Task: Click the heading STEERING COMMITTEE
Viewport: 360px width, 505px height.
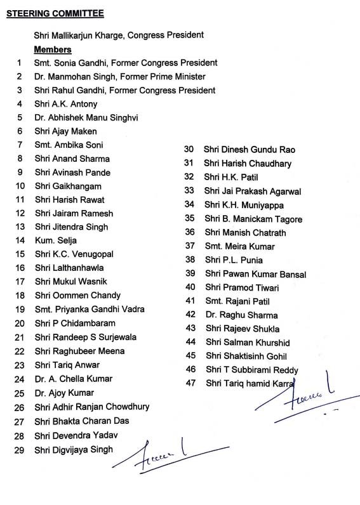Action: (x=55, y=13)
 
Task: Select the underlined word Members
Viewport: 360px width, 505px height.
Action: (x=53, y=49)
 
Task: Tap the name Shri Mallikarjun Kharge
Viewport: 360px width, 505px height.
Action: (x=79, y=36)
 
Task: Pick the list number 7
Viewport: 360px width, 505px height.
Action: (x=20, y=145)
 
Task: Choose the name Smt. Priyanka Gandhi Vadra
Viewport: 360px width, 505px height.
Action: (x=90, y=309)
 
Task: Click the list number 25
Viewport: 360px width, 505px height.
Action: (x=20, y=393)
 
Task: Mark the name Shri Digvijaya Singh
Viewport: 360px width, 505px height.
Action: (x=74, y=449)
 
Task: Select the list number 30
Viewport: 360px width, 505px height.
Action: (x=189, y=149)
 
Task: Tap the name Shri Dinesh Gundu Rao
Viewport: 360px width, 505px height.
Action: (x=250, y=149)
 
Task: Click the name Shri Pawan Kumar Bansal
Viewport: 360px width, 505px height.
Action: (x=255, y=274)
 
